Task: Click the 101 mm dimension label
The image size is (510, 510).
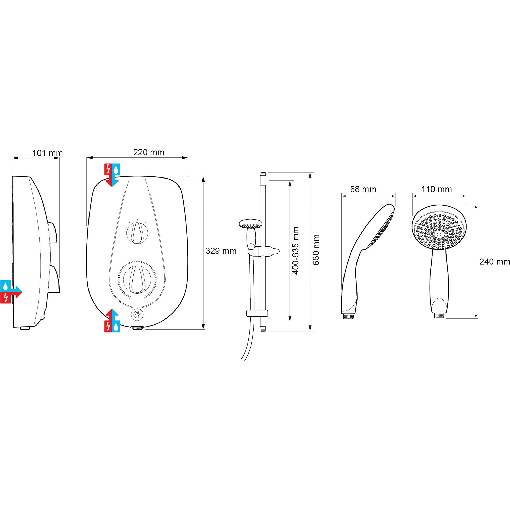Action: click(x=47, y=153)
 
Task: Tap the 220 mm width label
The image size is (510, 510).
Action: click(x=149, y=152)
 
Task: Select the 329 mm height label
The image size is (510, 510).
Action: click(x=221, y=251)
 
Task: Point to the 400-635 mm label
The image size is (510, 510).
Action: click(x=296, y=251)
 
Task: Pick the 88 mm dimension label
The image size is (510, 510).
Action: click(x=363, y=189)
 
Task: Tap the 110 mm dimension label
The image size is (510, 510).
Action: click(x=437, y=189)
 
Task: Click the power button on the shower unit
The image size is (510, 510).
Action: click(x=137, y=314)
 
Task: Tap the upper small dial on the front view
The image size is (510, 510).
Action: click(x=137, y=233)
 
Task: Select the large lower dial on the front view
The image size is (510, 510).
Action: click(x=137, y=279)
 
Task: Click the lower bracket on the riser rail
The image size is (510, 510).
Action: click(x=257, y=313)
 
